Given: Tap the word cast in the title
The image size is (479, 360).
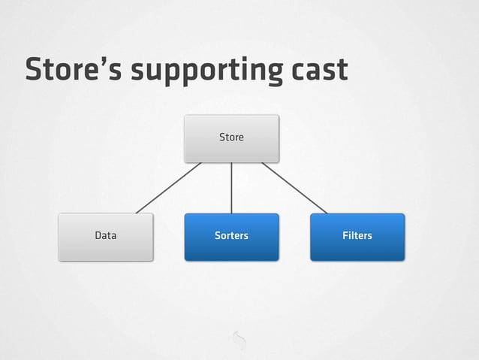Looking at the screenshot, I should pos(318,70).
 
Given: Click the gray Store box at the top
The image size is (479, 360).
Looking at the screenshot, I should pos(231,138).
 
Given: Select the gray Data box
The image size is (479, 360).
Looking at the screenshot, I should pos(106,237).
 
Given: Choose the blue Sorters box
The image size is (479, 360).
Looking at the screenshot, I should pos(231,237).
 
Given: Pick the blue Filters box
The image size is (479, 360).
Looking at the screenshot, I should pos(357,237).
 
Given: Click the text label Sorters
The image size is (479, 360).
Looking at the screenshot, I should pos(231,236).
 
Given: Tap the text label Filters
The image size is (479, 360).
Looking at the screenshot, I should pos(357,236).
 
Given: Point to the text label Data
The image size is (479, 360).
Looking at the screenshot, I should pos(106,236).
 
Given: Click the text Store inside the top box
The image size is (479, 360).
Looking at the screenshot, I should pos(231,138).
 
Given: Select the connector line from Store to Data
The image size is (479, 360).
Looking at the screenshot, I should pos(168,188).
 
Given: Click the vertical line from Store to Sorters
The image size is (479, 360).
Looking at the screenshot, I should pos(231,188).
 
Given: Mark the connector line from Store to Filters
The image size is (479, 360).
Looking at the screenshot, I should pos(294,188).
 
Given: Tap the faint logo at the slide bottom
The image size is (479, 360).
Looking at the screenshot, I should pos(239,340).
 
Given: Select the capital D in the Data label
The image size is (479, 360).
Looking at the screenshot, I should pos(98,236).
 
